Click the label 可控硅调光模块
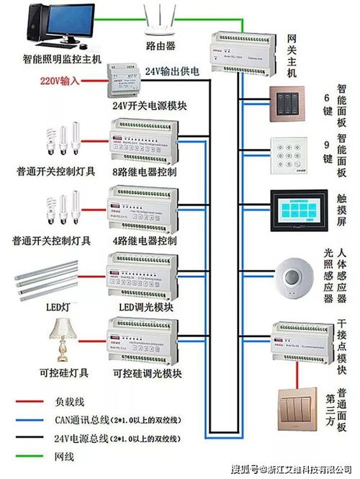(x=147, y=373)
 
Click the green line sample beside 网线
(x=28, y=456)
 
